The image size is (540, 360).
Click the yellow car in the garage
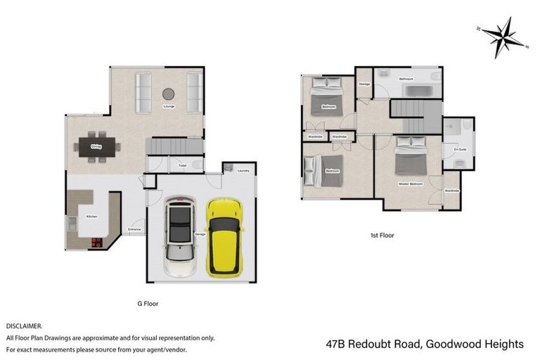[225, 236]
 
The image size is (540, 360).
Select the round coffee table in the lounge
[169, 94]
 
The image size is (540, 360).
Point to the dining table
[96, 147]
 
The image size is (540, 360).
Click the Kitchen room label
[91, 217]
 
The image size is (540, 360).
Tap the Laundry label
[244, 171]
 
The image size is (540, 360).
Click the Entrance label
[134, 229]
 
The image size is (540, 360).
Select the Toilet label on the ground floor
[182, 166]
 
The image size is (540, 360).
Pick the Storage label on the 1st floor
[364, 84]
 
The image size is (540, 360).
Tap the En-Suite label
[461, 149]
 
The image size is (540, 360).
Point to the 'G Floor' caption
[148, 304]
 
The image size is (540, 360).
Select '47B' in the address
[338, 344]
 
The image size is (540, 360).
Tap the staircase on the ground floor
[169, 146]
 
